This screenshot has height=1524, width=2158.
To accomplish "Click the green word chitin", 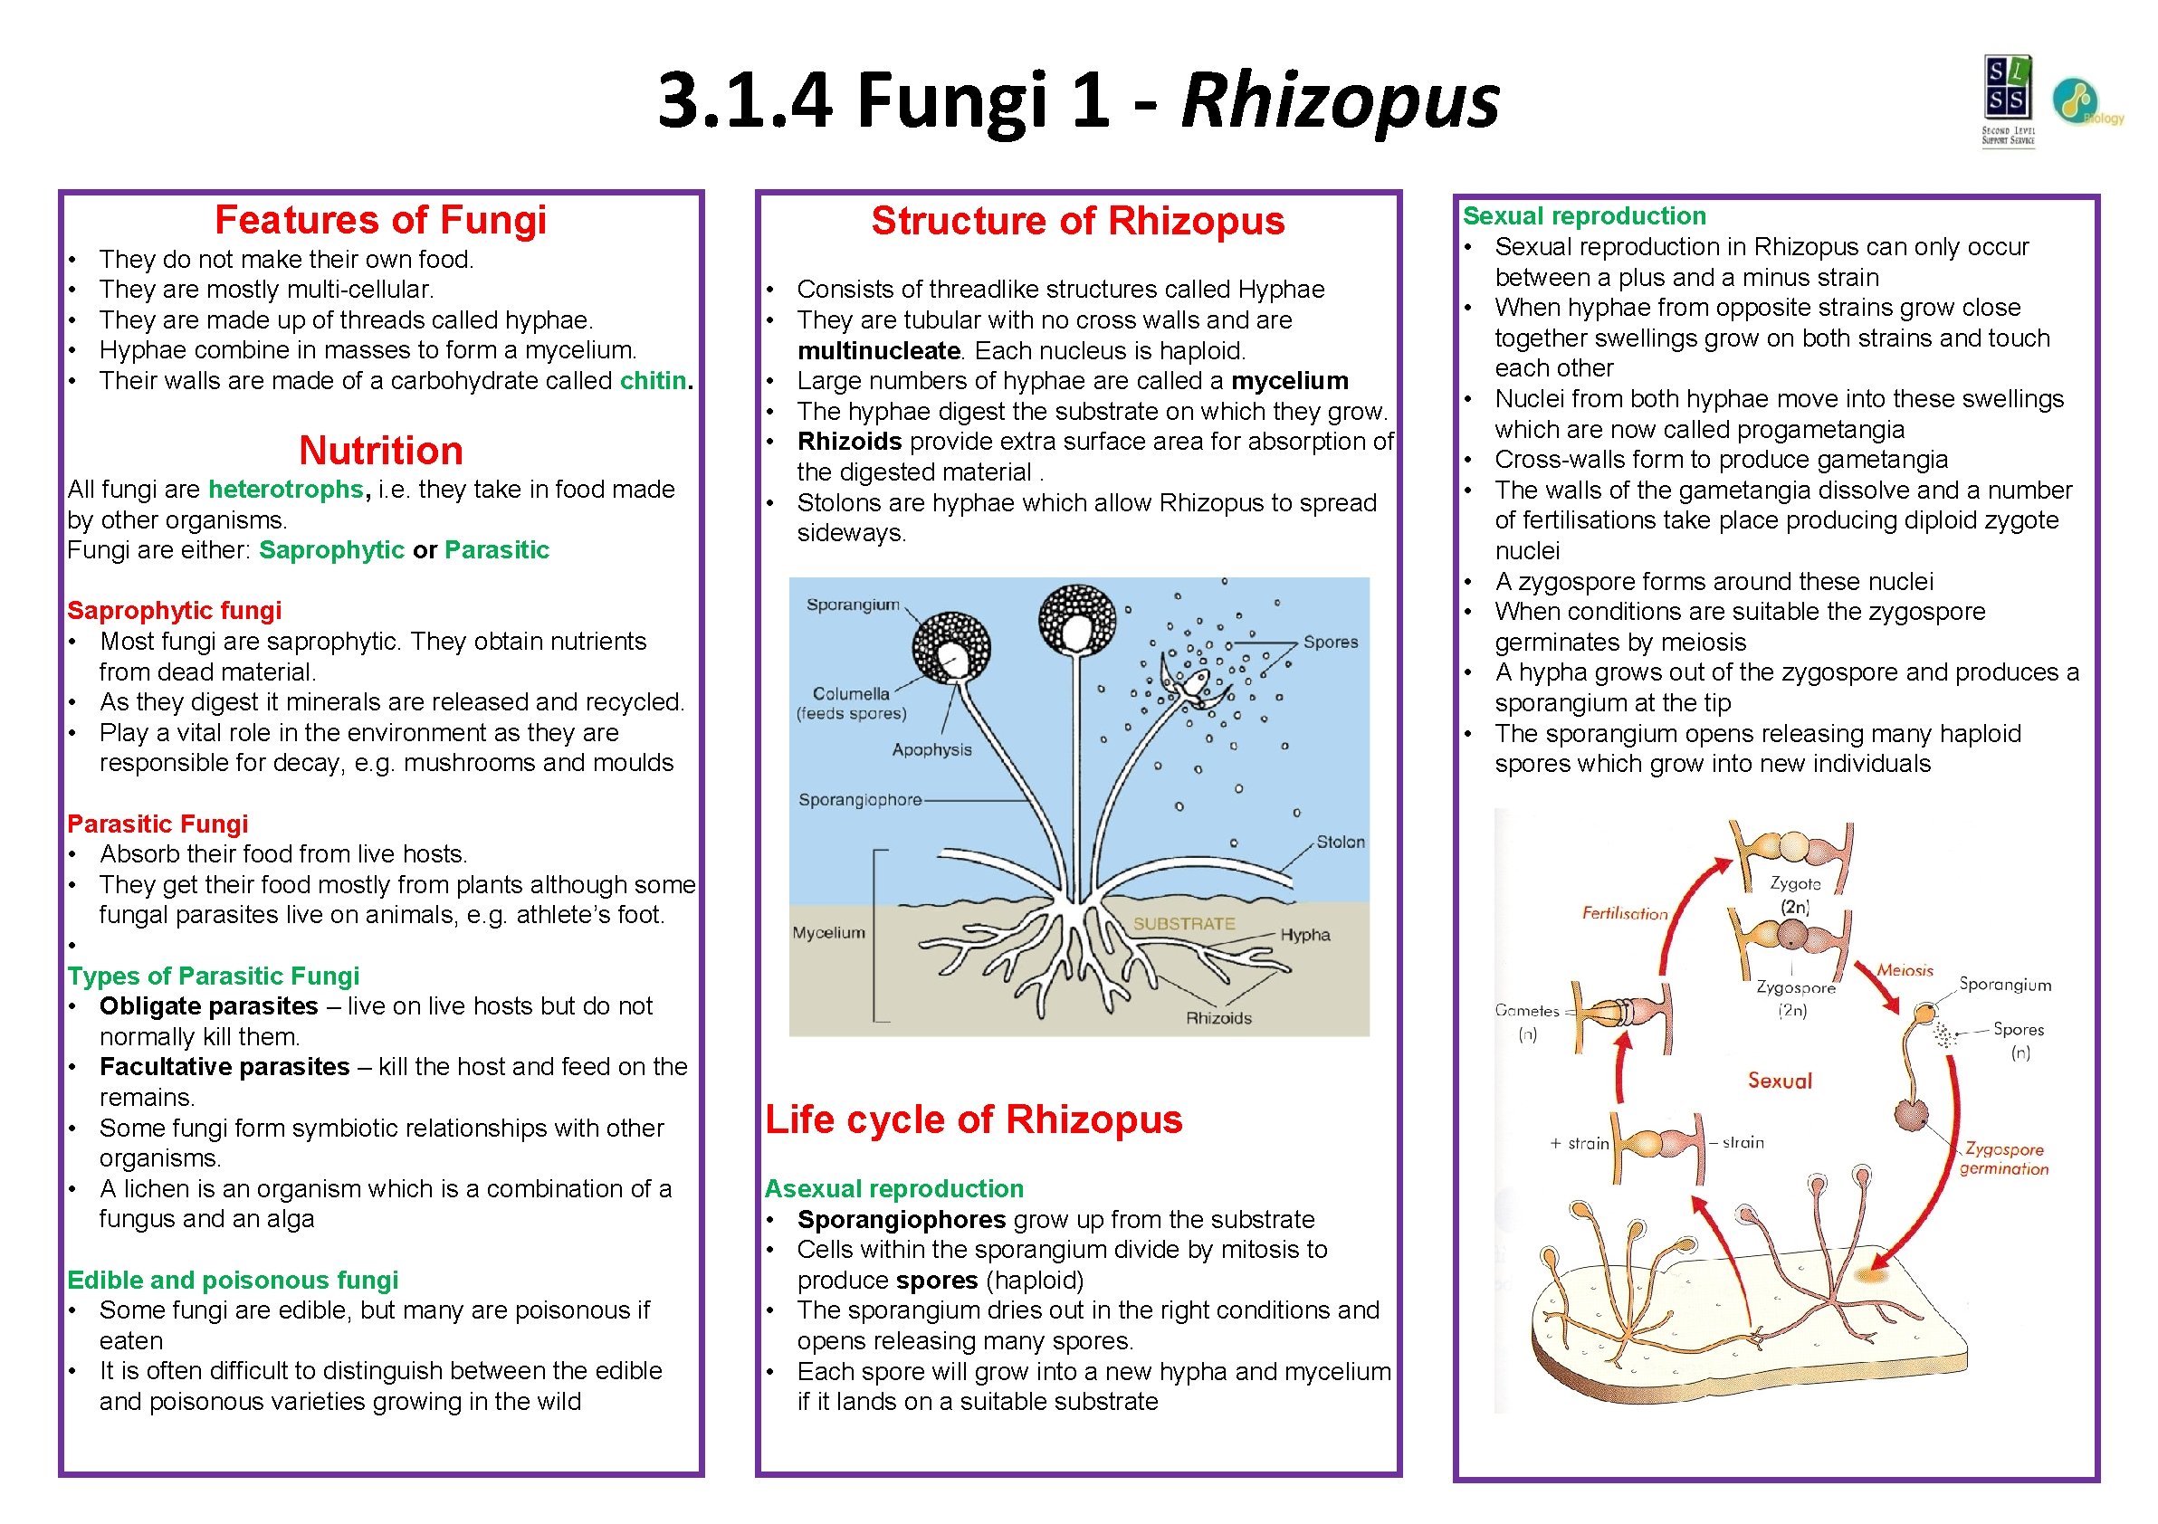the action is coord(653,380).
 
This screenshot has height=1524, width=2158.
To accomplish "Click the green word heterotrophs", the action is coord(286,490).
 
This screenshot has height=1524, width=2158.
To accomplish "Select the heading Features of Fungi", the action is coord(381,221).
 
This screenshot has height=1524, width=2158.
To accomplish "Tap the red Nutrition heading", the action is coord(381,451).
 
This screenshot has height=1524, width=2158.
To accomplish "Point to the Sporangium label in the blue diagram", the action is coord(853,605).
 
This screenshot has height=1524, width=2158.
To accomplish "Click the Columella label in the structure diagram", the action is coord(851,694).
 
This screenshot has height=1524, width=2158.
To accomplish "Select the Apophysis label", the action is coord(931,750).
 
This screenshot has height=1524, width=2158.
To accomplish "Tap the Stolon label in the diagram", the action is coord(1340,843).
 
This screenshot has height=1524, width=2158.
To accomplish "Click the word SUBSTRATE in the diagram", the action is coord(1183,925).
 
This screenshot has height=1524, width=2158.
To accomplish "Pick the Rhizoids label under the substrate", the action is coord(1218,1018).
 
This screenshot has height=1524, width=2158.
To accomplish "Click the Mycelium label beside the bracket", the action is coord(828,933).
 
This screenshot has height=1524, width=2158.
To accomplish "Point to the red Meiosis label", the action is coord(1905,970).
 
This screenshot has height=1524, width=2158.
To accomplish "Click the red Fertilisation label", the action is coord(1624,913).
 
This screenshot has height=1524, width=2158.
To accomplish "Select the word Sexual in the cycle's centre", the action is coord(1780,1081).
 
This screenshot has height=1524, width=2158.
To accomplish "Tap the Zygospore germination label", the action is coord(2004,1159).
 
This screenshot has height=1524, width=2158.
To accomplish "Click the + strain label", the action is coord(1579,1144).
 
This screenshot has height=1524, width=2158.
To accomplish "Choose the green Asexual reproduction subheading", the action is coord(893,1189).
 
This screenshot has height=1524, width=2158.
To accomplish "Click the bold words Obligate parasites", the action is coord(209,1006).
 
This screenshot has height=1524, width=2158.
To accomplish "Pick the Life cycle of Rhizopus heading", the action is coord(974,1120).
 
